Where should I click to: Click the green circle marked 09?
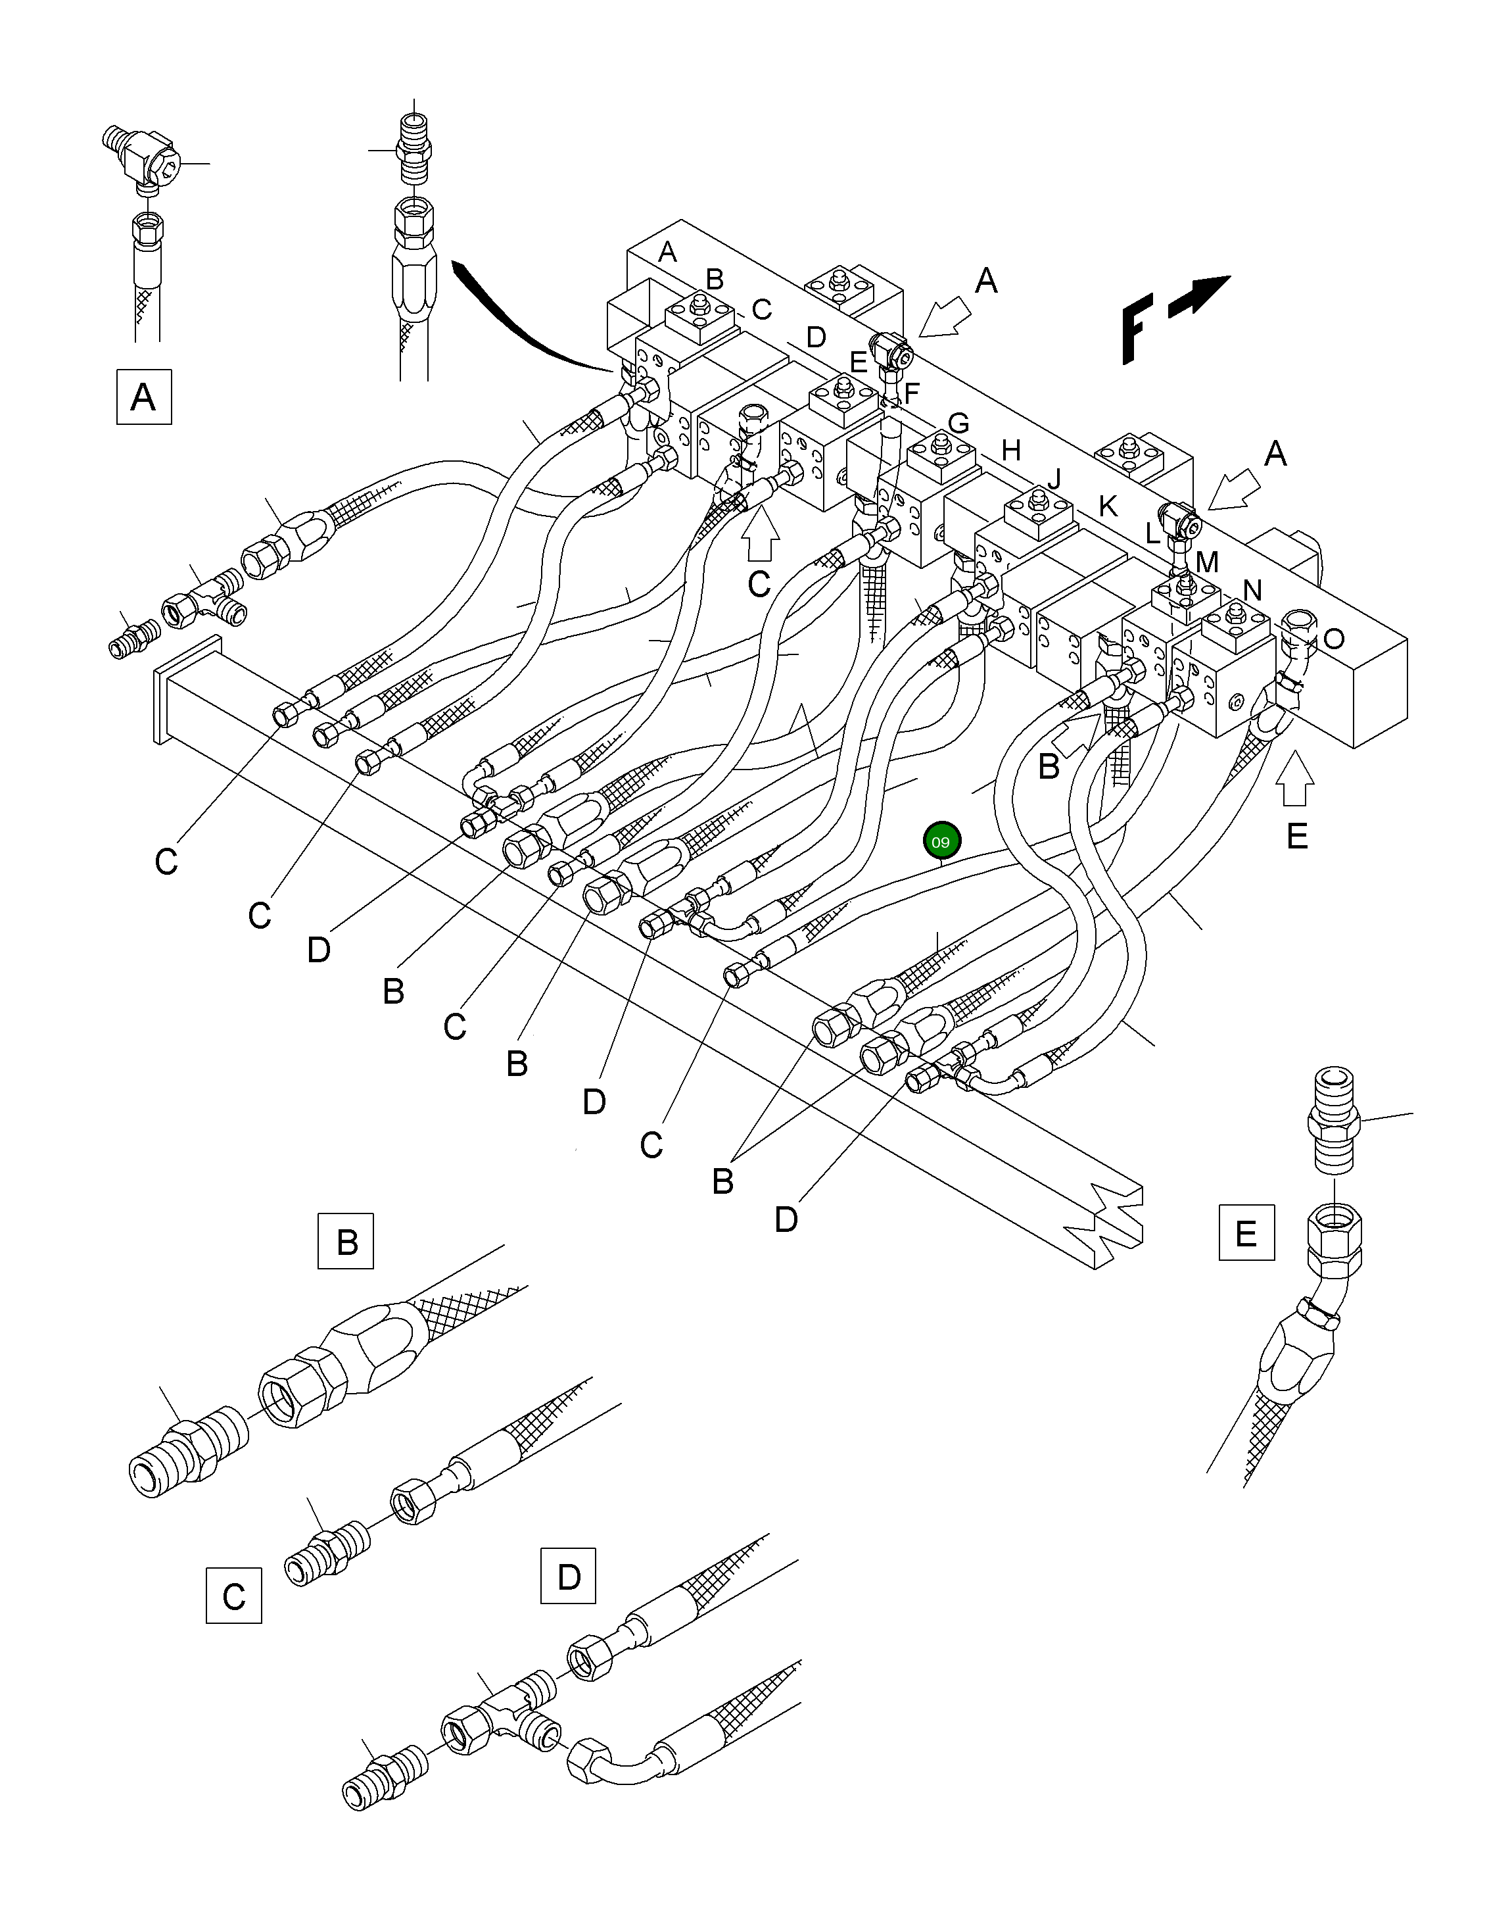click(x=941, y=841)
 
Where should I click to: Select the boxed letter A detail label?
click(x=143, y=397)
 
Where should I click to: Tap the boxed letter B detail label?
click(x=346, y=1242)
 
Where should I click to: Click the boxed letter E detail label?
click(x=1246, y=1233)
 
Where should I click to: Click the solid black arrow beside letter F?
click(x=1200, y=296)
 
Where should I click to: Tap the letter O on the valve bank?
click(x=1333, y=639)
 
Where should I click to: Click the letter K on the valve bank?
click(x=1108, y=506)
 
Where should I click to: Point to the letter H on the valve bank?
click(x=1011, y=451)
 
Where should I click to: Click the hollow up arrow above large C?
click(x=759, y=537)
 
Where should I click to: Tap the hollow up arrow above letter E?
click(x=1296, y=779)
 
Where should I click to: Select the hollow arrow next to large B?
click(x=1077, y=734)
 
